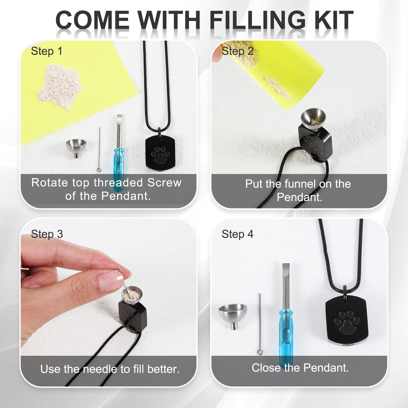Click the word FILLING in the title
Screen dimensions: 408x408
tap(257, 20)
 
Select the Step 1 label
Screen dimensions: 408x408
tap(47, 51)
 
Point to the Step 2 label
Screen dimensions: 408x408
tap(237, 51)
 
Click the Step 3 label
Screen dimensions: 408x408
tap(47, 234)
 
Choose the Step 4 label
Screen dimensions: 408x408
tap(237, 234)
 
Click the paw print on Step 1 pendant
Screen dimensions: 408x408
tap(159, 155)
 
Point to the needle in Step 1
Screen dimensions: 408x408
tap(99, 150)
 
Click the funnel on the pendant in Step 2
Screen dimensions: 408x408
tap(313, 119)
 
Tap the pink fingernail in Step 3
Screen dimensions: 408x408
tap(110, 280)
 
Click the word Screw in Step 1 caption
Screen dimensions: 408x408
tap(164, 182)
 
